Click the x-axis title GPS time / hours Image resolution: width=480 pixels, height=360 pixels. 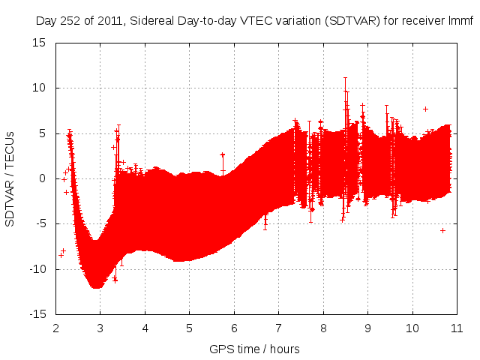click(x=255, y=349)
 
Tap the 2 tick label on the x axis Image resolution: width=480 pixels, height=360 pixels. click(x=56, y=328)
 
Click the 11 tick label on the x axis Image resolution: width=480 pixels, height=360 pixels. click(x=456, y=328)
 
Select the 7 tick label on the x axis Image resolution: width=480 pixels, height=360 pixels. click(x=278, y=328)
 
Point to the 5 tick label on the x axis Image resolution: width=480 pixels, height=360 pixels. click(x=190, y=328)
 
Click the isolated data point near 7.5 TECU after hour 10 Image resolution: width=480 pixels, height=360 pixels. click(x=425, y=109)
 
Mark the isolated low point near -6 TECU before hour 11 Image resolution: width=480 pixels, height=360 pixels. click(x=442, y=230)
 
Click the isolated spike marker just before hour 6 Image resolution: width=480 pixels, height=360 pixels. click(x=223, y=154)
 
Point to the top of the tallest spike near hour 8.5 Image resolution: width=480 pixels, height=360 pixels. click(x=345, y=77)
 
